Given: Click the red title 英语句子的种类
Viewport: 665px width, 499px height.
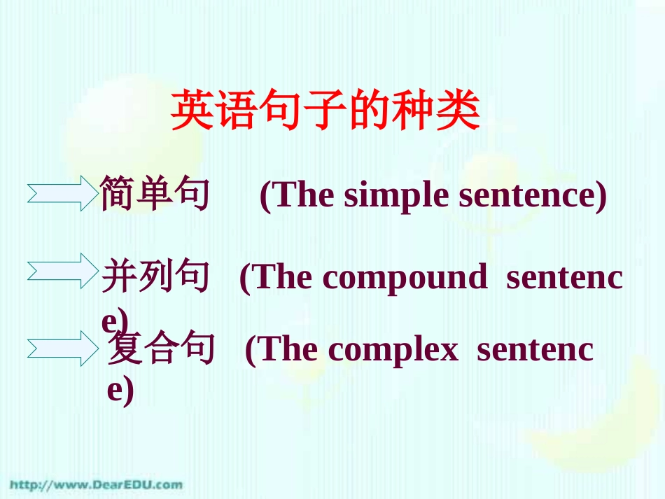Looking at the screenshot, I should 325,111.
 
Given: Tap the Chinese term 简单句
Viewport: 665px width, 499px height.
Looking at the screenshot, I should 155,194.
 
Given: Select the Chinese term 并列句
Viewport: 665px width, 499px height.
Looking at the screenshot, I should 155,276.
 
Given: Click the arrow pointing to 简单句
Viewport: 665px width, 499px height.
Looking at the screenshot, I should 62,193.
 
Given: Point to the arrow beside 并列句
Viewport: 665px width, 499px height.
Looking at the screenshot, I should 62,271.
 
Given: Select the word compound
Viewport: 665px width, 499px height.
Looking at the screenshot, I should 404,278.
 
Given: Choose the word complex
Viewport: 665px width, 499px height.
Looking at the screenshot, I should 393,350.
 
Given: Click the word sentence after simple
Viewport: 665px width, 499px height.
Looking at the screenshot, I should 532,196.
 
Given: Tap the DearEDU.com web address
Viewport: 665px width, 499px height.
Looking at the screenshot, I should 97,484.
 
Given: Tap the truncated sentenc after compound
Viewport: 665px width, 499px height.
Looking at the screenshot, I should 564,278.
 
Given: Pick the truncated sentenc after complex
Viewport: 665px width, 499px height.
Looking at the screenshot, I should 535,350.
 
